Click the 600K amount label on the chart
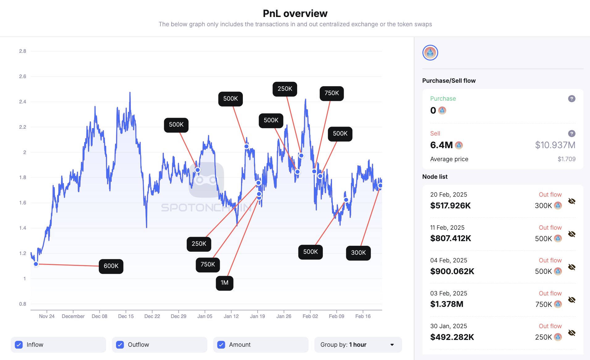(x=111, y=266)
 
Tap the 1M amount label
(x=224, y=283)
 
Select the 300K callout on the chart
(x=358, y=253)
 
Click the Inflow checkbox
(x=19, y=345)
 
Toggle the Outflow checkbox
(x=120, y=345)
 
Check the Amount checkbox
(x=221, y=345)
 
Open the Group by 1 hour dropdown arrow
(x=392, y=345)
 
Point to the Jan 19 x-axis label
(x=257, y=316)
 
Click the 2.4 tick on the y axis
(x=23, y=102)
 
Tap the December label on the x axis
(x=73, y=316)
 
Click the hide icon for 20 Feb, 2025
(x=571, y=201)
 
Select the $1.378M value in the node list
(x=447, y=304)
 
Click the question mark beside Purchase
(x=571, y=99)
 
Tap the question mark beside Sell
(x=571, y=134)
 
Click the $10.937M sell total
(x=555, y=145)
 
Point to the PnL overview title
(x=295, y=14)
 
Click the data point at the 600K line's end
(x=36, y=264)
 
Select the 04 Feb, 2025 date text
(x=449, y=260)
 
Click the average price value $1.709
(x=566, y=159)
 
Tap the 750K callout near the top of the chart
(x=331, y=93)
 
